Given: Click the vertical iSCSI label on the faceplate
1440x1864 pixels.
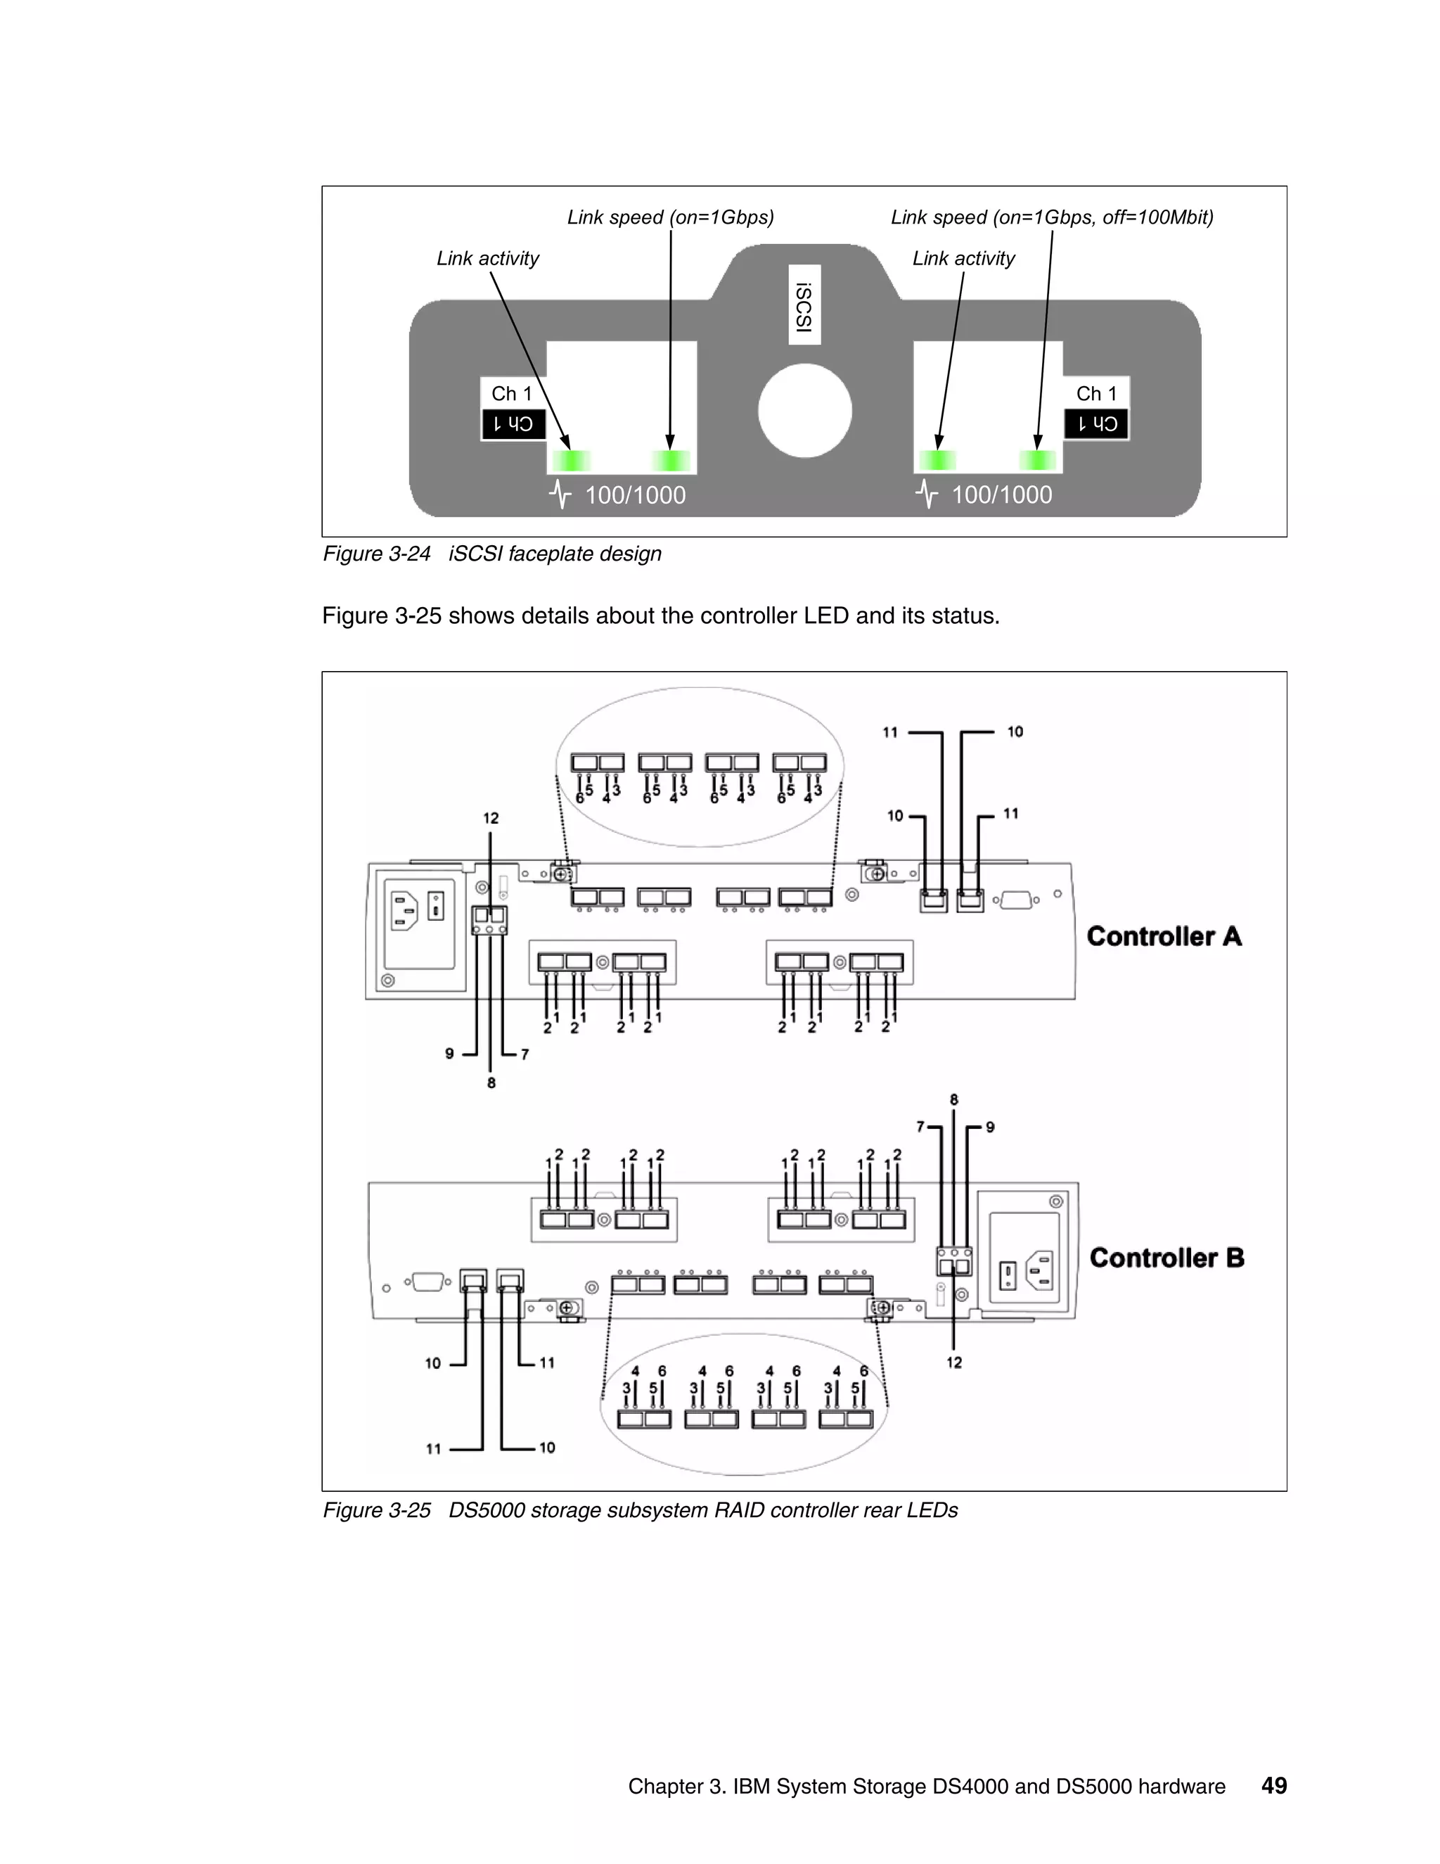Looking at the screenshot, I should [804, 305].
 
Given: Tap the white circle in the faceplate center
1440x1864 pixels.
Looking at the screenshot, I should [804, 411].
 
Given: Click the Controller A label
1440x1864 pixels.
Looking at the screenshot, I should [1164, 936].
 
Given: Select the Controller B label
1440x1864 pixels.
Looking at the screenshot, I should [1166, 1258].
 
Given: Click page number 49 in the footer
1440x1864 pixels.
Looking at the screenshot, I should [1273, 1785].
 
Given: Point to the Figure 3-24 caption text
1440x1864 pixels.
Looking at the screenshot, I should [491, 554].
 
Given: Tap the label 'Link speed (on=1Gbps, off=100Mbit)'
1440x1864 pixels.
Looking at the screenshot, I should [1051, 217].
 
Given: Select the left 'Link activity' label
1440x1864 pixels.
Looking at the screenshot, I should [487, 259].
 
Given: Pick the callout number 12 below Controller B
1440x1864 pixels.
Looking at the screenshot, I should [953, 1363].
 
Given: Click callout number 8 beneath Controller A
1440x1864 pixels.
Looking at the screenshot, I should [491, 1083].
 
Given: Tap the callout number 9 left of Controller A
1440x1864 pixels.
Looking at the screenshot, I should [449, 1054].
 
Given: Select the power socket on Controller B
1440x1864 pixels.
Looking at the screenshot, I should [1043, 1270].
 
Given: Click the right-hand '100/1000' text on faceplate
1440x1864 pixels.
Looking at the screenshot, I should [1001, 495].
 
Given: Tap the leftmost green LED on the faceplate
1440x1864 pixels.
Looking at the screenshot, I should [571, 461].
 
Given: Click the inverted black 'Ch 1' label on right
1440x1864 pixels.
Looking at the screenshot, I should [1096, 424].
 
